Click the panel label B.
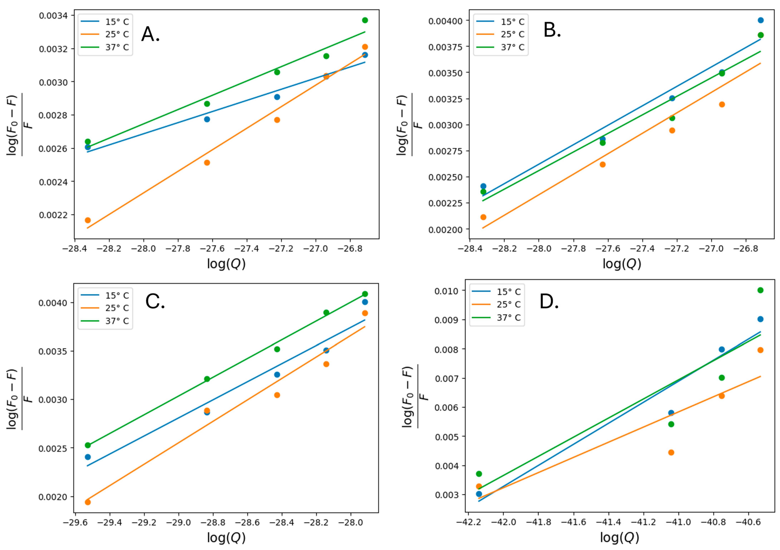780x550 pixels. [x=552, y=30]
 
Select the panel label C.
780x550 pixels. [x=155, y=301]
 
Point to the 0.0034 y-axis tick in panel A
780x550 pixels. [x=53, y=16]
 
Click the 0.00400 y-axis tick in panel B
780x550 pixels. [x=445, y=21]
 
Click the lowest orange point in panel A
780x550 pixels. [x=88, y=220]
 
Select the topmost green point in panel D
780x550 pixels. [x=760, y=290]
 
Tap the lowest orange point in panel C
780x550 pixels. [x=88, y=502]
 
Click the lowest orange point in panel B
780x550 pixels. [x=483, y=217]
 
